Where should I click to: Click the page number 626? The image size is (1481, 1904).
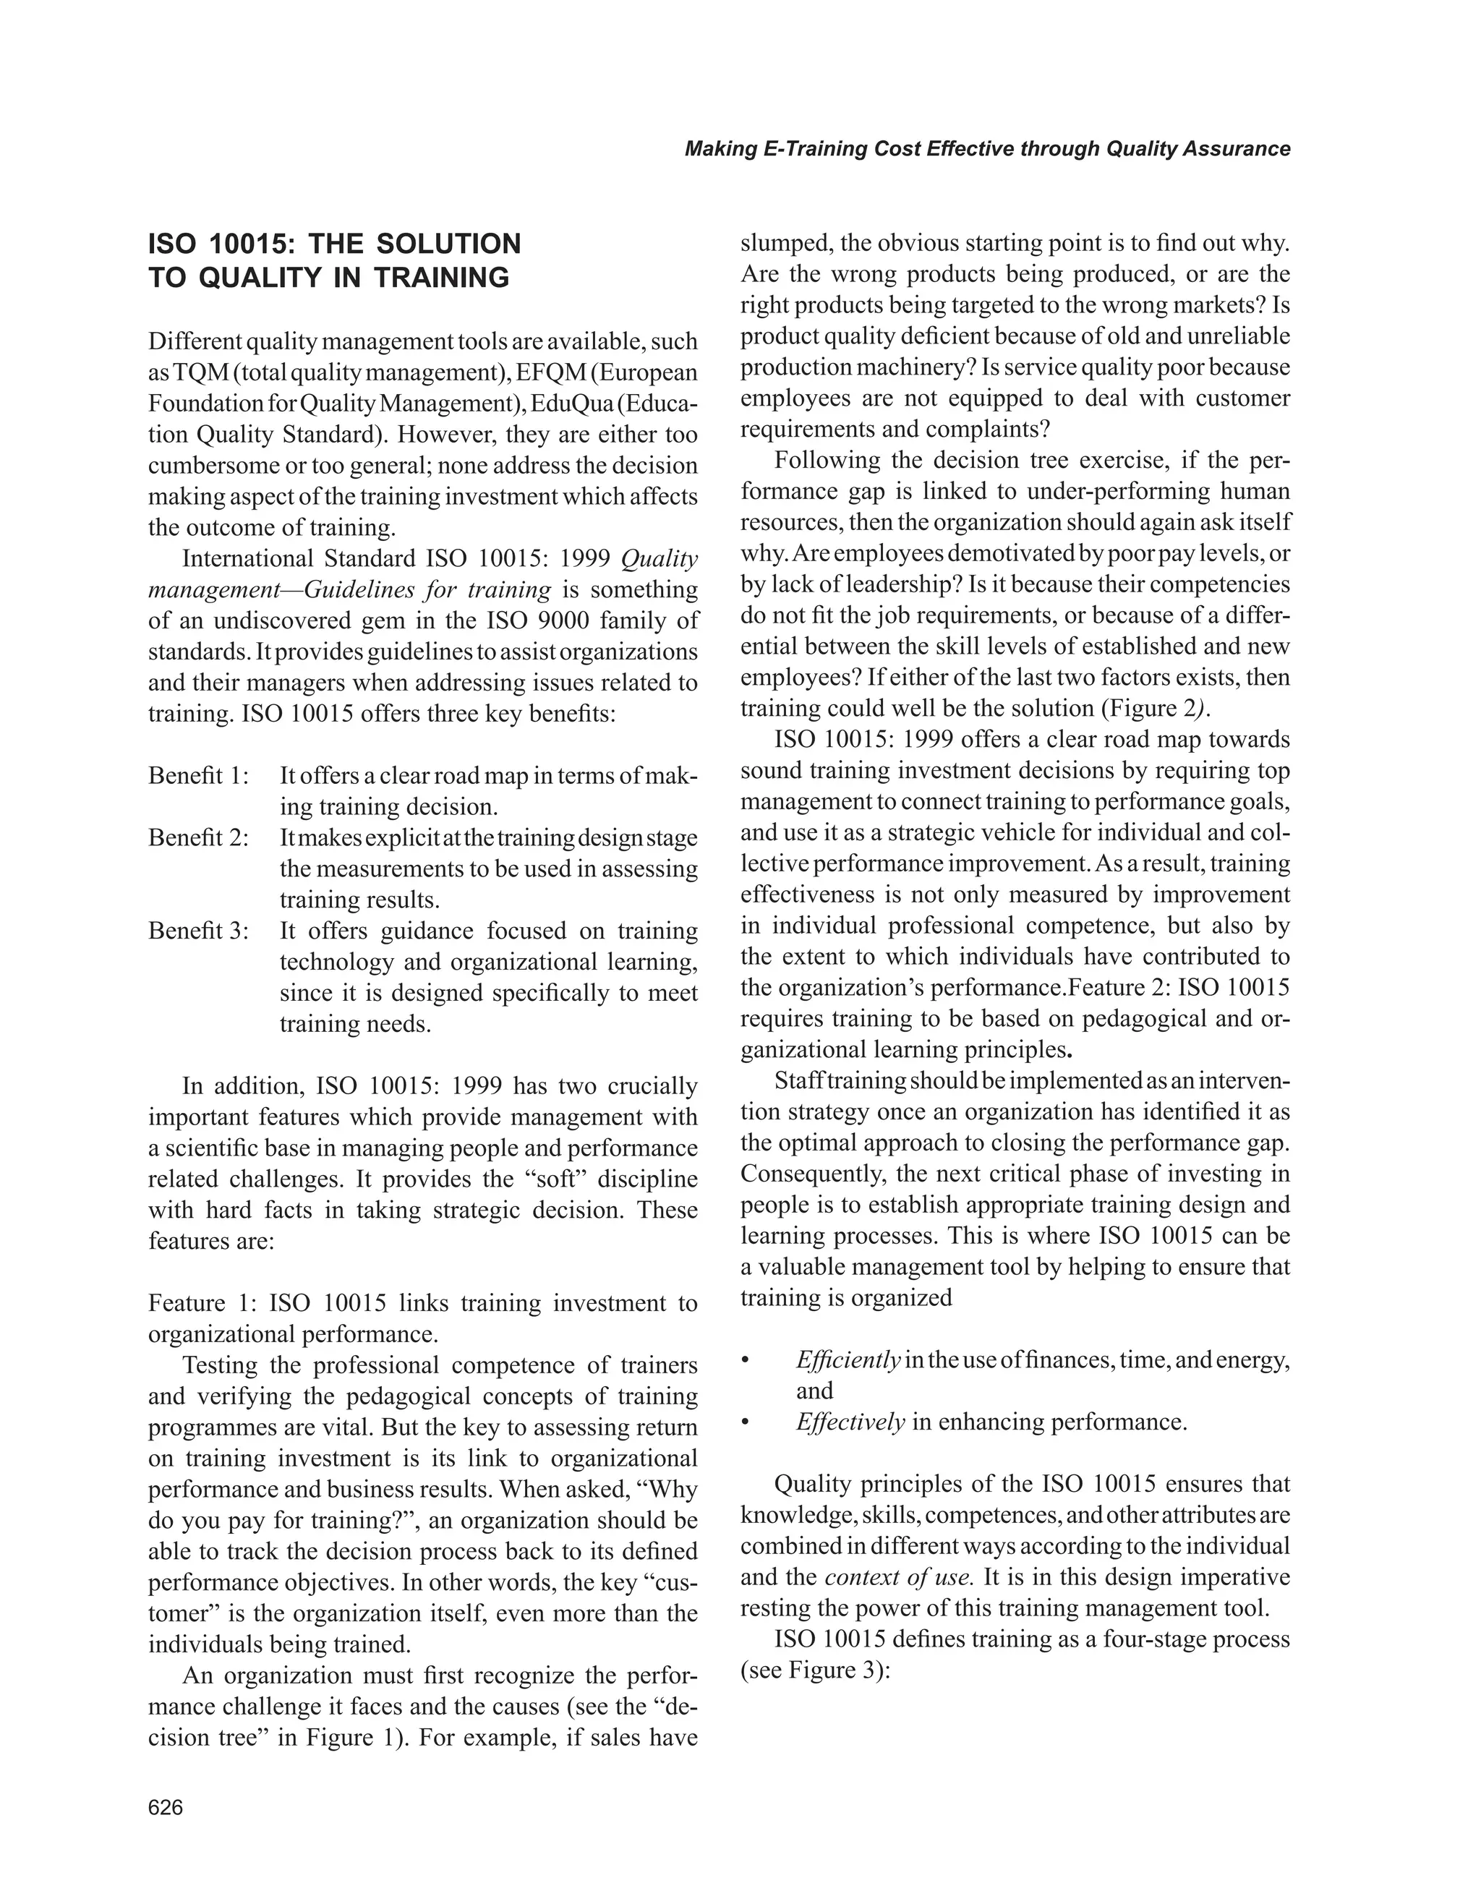(x=166, y=1807)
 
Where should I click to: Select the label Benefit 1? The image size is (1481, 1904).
(x=199, y=775)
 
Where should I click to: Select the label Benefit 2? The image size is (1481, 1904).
(x=199, y=838)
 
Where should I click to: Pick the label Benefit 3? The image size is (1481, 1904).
(x=199, y=931)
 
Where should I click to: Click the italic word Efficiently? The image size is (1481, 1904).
(x=848, y=1360)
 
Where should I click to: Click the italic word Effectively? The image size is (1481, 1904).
(x=850, y=1422)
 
